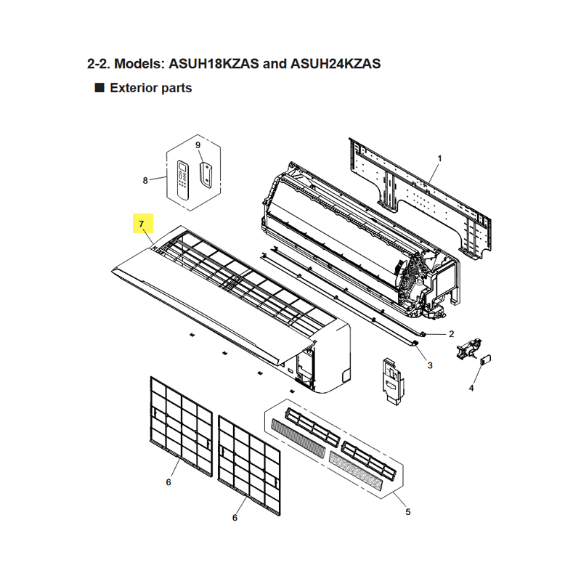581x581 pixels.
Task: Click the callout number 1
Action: [x=440, y=158]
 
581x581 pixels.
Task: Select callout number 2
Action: [x=451, y=334]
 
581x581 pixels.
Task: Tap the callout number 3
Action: [x=430, y=365]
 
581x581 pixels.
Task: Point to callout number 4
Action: [x=471, y=388]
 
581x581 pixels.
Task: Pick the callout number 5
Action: [x=408, y=512]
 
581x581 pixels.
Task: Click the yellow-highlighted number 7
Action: [x=141, y=224]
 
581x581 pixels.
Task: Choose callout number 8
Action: [x=145, y=180]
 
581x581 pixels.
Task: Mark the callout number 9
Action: [x=198, y=145]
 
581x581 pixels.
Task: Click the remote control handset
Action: [x=183, y=179]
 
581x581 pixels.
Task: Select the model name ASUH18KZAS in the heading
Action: [x=214, y=64]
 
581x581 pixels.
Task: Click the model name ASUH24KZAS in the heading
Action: [x=336, y=64]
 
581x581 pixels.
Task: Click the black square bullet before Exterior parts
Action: [x=99, y=88]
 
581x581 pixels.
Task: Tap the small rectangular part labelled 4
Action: [x=485, y=359]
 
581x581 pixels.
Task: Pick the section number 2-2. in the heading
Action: [x=99, y=64]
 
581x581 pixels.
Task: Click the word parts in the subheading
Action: [x=176, y=89]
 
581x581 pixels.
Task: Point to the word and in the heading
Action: [x=275, y=64]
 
